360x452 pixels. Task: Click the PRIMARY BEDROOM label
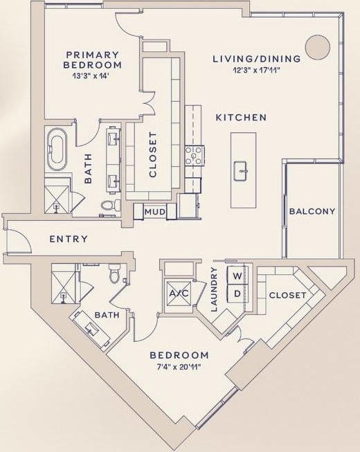pos(93,60)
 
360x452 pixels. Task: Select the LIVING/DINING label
pos(256,59)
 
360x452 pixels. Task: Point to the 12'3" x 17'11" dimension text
pos(256,70)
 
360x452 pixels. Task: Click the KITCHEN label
pos(241,118)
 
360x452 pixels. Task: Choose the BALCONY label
pos(312,211)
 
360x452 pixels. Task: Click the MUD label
pos(154,212)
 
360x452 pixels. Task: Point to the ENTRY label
pos(69,239)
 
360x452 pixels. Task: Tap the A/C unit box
pos(179,293)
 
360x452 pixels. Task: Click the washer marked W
pos(237,276)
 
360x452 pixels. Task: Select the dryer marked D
pos(237,293)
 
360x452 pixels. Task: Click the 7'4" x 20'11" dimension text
pos(179,367)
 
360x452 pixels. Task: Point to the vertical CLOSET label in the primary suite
pos(153,155)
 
